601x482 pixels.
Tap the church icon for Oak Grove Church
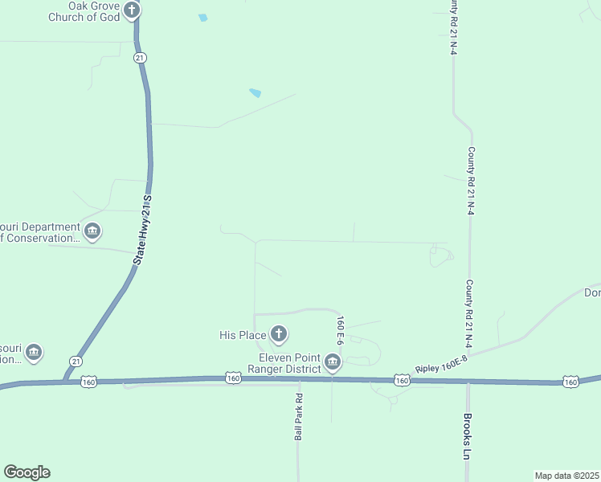[x=133, y=10]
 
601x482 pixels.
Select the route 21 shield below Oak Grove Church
[x=140, y=58]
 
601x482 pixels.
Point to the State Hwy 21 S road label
[x=142, y=230]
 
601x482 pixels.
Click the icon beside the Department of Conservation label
[x=92, y=232]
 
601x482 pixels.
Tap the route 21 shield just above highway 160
[x=75, y=361]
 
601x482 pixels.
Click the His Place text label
[x=242, y=334]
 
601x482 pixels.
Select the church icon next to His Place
[x=278, y=333]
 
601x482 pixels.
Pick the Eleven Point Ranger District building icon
[x=333, y=364]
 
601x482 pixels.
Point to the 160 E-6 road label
[x=341, y=331]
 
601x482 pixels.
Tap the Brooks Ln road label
[x=466, y=436]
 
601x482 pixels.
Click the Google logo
[x=27, y=472]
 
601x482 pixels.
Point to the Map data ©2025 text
[x=566, y=476]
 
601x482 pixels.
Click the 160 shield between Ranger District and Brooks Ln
[x=402, y=379]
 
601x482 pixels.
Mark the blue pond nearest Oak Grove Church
[x=202, y=18]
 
